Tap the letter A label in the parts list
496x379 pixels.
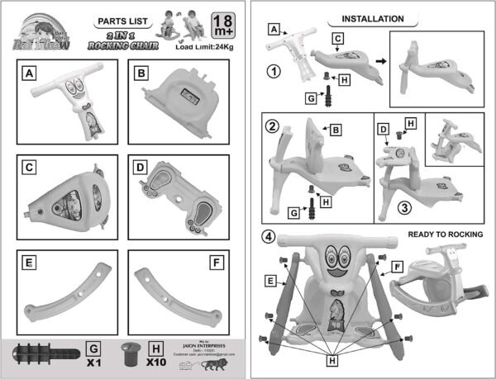tap(30, 73)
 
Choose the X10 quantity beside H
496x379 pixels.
tap(151, 361)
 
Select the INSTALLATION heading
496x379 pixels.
tap(374, 17)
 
